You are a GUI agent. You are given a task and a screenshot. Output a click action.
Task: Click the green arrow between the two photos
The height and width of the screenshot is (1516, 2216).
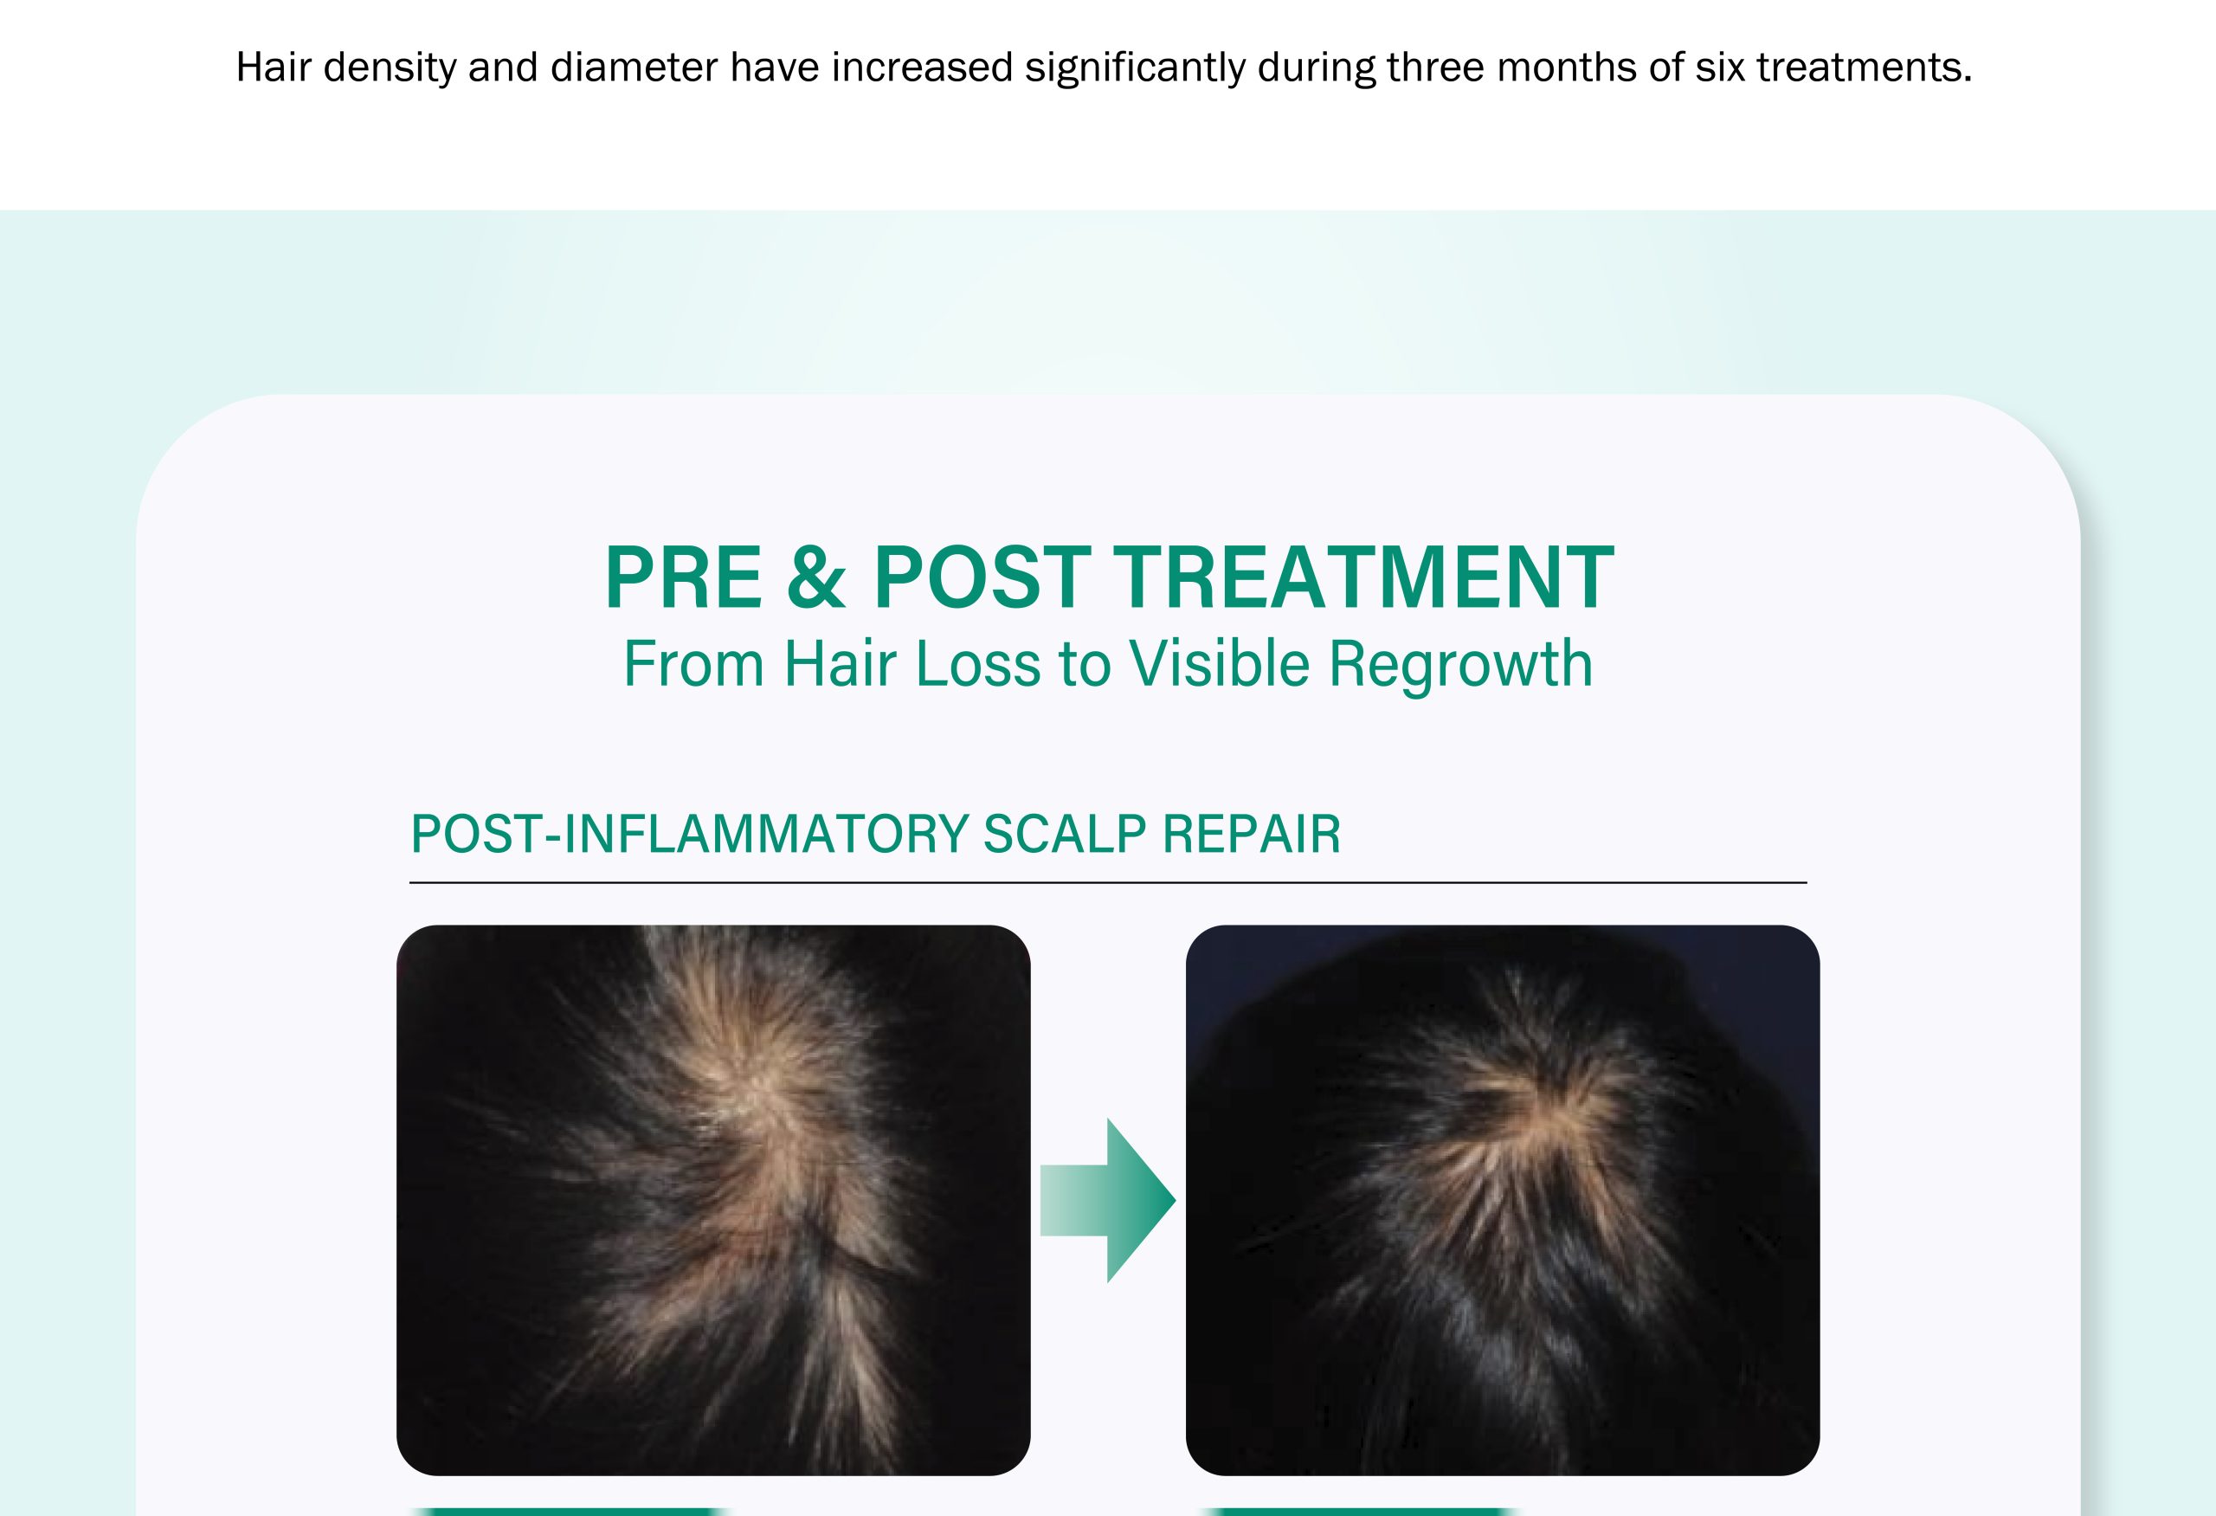[x=1107, y=1200]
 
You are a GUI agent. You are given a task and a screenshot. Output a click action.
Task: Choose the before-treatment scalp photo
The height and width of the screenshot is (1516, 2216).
[x=713, y=1200]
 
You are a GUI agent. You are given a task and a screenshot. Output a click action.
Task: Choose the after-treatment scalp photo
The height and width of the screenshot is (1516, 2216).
[x=1503, y=1200]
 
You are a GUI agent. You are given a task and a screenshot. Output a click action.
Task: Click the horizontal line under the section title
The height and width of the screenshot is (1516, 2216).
[x=1108, y=883]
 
